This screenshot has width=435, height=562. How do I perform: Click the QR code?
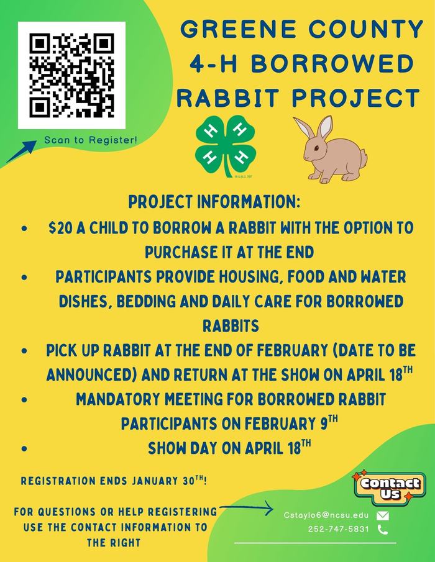click(71, 75)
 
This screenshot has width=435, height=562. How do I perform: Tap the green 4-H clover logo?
click(225, 146)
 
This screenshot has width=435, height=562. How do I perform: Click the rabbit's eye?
click(316, 148)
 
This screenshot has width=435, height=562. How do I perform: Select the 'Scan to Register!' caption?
click(91, 140)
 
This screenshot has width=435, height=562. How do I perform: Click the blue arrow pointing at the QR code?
click(21, 152)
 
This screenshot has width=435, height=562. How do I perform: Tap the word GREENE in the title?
click(239, 29)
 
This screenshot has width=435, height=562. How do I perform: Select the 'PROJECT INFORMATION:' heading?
click(214, 202)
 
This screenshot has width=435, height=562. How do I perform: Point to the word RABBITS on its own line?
click(231, 326)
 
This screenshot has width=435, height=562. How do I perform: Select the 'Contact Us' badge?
click(390, 488)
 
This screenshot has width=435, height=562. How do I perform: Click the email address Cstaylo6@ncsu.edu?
click(326, 515)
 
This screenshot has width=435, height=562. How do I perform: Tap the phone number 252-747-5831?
click(338, 529)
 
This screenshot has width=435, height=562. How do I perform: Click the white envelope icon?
click(383, 515)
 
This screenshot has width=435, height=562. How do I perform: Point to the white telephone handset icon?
click(383, 529)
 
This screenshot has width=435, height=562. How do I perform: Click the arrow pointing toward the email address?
click(246, 508)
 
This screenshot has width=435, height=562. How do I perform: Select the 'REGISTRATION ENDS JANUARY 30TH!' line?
click(114, 480)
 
